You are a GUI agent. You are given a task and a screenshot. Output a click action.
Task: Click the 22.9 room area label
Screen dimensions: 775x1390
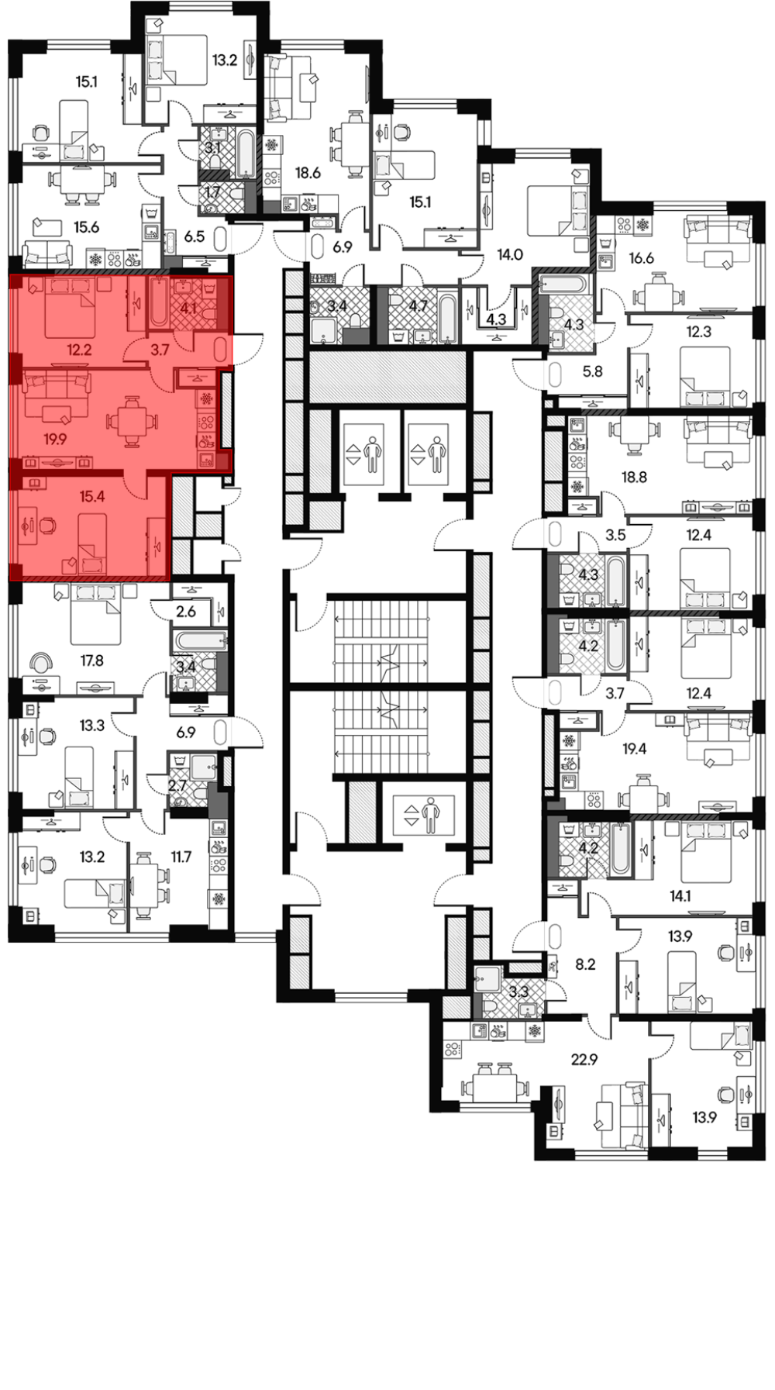pyautogui.click(x=584, y=1059)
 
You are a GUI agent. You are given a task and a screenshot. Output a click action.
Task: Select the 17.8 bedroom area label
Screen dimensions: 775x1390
pyautogui.click(x=91, y=661)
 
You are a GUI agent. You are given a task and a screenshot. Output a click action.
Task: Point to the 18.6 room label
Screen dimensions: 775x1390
pyautogui.click(x=308, y=173)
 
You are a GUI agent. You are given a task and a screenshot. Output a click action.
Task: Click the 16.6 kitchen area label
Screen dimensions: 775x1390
pyautogui.click(x=642, y=258)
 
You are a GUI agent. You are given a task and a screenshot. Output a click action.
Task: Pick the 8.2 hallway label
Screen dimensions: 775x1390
pyautogui.click(x=585, y=964)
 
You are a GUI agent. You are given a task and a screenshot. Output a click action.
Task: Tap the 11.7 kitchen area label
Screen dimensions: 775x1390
pyautogui.click(x=181, y=857)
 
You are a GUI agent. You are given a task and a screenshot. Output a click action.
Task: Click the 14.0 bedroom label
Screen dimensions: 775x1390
pyautogui.click(x=510, y=254)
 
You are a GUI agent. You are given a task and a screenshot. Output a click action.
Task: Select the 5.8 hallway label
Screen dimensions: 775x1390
pyautogui.click(x=592, y=371)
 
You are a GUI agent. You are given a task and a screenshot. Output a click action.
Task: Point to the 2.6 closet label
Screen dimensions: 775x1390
pyautogui.click(x=186, y=612)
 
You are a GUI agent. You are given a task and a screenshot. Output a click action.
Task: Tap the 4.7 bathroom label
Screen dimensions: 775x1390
pyautogui.click(x=418, y=305)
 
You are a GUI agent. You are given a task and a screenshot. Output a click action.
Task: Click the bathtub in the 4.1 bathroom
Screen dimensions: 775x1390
pyautogui.click(x=157, y=303)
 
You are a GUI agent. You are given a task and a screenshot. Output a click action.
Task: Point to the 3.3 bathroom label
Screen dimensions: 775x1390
pyautogui.click(x=518, y=991)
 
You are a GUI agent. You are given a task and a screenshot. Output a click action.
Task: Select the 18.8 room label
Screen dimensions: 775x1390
pyautogui.click(x=634, y=478)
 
